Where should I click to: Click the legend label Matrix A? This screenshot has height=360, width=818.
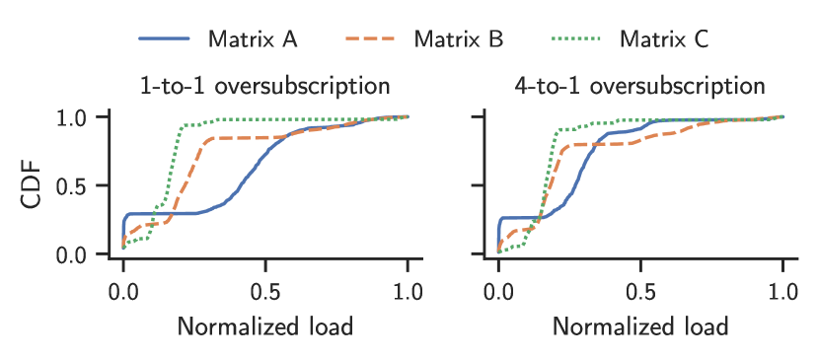[253, 39]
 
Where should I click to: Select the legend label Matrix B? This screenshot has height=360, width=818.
[459, 39]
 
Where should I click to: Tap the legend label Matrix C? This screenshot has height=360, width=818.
[664, 39]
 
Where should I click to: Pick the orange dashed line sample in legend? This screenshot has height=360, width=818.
[372, 39]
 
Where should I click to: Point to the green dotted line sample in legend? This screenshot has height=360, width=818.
[577, 39]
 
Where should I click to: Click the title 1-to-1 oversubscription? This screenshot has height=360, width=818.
[265, 85]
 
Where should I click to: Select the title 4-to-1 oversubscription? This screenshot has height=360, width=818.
[640, 85]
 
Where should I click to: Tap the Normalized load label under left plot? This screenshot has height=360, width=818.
[265, 325]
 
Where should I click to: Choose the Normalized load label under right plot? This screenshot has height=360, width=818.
[640, 325]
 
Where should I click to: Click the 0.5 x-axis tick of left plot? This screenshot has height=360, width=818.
[265, 291]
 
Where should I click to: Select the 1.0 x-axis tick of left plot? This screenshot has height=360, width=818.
[408, 291]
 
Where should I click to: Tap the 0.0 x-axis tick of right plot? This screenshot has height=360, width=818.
[498, 291]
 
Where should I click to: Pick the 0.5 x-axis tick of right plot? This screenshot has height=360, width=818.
[640, 291]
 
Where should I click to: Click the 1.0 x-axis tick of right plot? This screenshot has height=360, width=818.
[782, 291]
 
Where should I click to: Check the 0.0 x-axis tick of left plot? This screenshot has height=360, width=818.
[123, 291]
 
